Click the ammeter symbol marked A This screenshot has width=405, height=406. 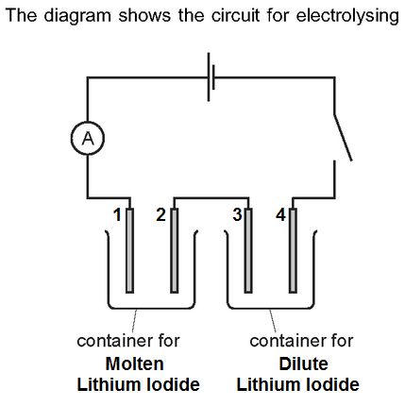[x=88, y=138]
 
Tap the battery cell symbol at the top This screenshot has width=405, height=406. [x=211, y=77]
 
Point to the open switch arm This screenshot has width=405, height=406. [x=343, y=137]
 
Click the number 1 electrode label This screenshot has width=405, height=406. [x=117, y=215]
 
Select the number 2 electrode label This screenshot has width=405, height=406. [x=160, y=215]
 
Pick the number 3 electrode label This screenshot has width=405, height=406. [x=237, y=215]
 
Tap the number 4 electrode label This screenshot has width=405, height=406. [x=280, y=215]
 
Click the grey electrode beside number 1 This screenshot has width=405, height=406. [x=129, y=250]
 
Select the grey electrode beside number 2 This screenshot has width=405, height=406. [x=174, y=250]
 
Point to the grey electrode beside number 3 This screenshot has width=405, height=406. [x=248, y=250]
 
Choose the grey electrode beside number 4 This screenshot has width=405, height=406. [x=293, y=250]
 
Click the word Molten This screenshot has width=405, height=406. [x=135, y=364]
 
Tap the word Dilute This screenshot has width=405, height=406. [x=303, y=364]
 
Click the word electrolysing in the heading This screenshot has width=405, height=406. [x=347, y=16]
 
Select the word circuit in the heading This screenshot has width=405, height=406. [x=235, y=15]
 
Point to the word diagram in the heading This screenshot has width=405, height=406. [x=77, y=16]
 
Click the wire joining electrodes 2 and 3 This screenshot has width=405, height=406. [x=211, y=198]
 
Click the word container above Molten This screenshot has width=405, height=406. [x=114, y=341]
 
